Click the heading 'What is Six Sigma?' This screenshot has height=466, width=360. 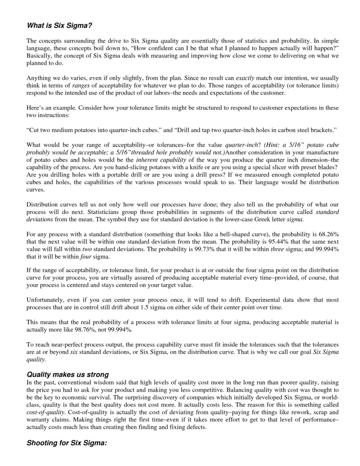(x=59, y=26)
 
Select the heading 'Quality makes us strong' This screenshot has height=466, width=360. (x=67, y=375)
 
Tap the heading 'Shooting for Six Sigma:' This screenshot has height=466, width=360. (x=66, y=443)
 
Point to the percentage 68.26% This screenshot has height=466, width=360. (x=328, y=234)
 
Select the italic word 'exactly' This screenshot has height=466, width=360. (x=245, y=78)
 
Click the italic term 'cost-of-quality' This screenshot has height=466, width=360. (x=46, y=412)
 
